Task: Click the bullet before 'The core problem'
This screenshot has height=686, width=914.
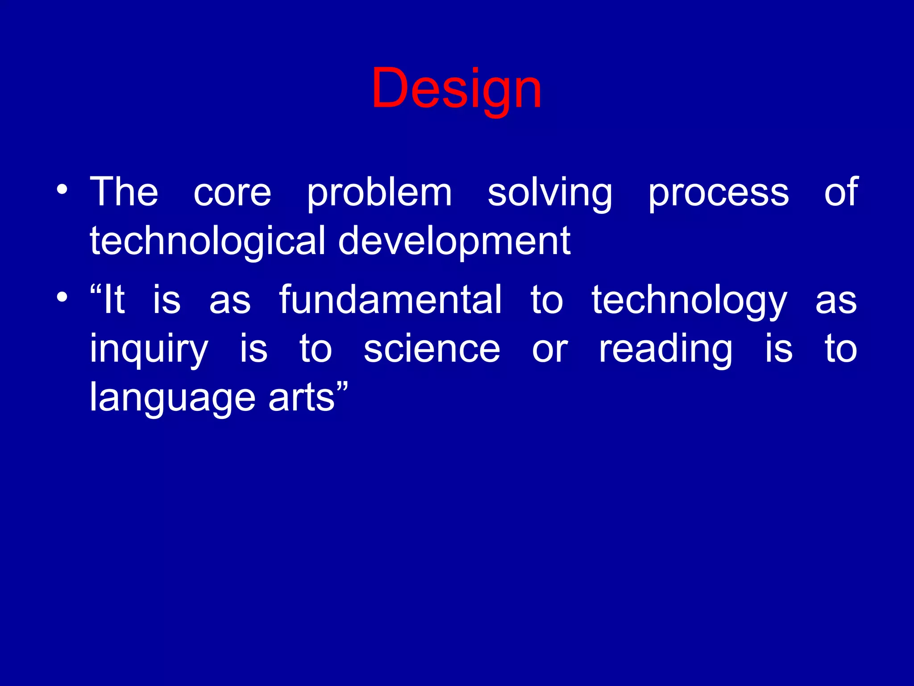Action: click(62, 191)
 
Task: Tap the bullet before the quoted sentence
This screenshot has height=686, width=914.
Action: click(62, 297)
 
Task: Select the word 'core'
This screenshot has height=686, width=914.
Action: click(232, 193)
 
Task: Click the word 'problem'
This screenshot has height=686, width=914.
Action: click(379, 193)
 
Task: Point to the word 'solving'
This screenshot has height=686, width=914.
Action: click(550, 193)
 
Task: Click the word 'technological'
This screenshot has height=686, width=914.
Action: click(207, 241)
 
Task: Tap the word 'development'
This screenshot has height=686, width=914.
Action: click(454, 241)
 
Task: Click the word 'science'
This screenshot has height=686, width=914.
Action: click(432, 349)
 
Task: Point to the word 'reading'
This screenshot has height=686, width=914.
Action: click(665, 349)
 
